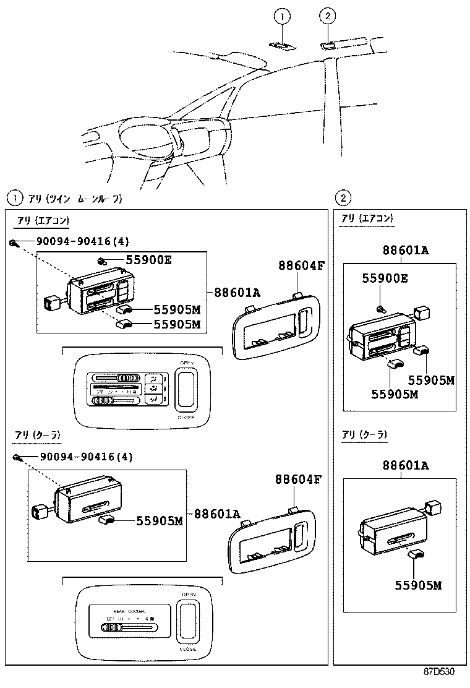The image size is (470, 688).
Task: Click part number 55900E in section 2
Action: pyautogui.click(x=385, y=279)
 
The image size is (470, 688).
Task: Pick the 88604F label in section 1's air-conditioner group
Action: pyautogui.click(x=301, y=266)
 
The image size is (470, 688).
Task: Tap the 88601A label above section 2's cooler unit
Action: pyautogui.click(x=405, y=465)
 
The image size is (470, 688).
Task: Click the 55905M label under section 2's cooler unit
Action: pyautogui.click(x=419, y=585)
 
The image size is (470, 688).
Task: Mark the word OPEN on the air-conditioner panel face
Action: pyautogui.click(x=187, y=363)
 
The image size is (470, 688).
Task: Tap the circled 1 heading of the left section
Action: pyautogui.click(x=12, y=199)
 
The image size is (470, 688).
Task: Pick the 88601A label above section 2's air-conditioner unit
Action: pyautogui.click(x=405, y=251)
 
